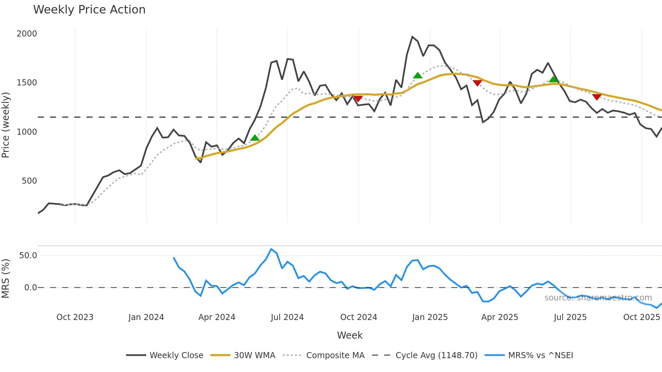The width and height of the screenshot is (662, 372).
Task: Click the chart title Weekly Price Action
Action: (x=89, y=10)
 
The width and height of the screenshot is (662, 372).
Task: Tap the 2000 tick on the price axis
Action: (x=27, y=34)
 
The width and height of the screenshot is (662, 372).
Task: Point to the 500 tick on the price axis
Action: (x=29, y=181)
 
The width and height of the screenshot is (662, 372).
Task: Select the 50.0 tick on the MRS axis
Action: (x=28, y=256)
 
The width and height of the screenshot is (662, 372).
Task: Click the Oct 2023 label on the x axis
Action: (x=75, y=317)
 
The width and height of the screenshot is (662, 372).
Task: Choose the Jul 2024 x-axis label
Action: (x=287, y=317)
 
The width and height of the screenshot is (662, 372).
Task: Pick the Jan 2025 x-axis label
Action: (x=430, y=317)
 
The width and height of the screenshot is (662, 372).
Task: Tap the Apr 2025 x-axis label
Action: (x=500, y=317)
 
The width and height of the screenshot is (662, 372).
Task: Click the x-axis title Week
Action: (x=350, y=335)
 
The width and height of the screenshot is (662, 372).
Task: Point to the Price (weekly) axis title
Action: (x=6, y=125)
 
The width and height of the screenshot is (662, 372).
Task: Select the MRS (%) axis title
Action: (x=6, y=278)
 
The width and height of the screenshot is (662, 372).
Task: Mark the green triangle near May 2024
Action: (x=255, y=138)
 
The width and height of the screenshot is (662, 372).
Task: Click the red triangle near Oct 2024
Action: (x=358, y=99)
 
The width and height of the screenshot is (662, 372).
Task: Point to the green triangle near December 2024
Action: (x=417, y=75)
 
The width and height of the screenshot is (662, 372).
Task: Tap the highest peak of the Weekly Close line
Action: (x=412, y=36)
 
